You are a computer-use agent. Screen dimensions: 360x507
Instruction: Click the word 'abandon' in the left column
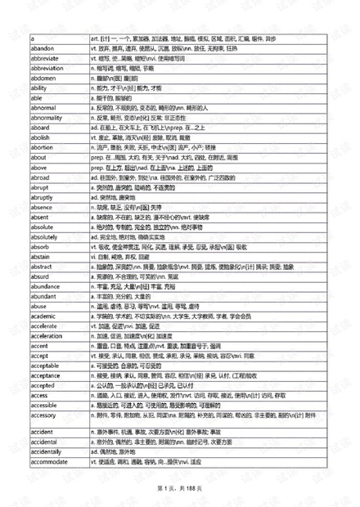coord(41,48)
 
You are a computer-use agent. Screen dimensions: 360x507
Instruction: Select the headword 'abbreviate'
coord(45,58)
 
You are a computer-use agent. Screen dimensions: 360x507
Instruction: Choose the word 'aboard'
coord(39,128)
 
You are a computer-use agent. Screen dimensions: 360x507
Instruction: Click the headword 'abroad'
coord(39,177)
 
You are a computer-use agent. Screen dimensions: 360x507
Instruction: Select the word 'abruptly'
coord(41,196)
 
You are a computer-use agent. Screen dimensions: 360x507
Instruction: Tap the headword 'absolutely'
coord(44,236)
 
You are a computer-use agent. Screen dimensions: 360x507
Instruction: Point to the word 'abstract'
coord(41,266)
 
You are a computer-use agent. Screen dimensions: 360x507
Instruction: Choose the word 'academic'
coord(43,316)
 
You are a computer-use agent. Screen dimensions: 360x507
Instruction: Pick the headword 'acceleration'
coord(47,335)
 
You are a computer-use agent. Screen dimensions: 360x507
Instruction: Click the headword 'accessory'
coord(43,415)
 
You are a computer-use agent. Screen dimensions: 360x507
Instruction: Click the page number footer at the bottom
coord(180,488)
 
